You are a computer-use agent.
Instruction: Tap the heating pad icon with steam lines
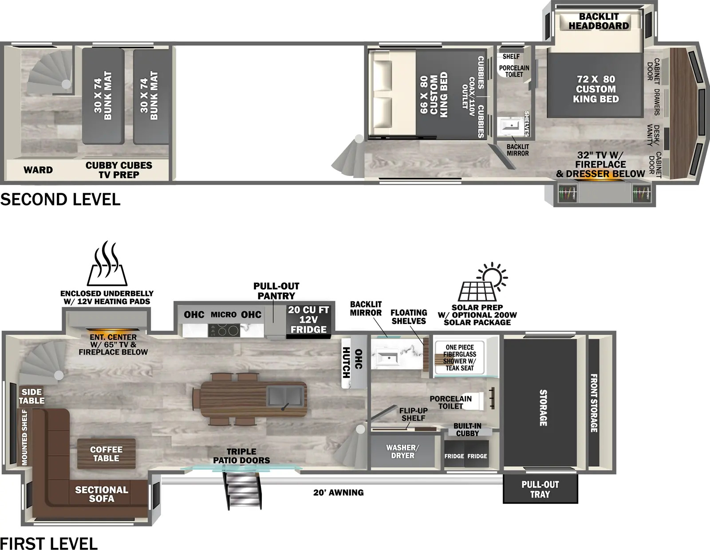(107, 264)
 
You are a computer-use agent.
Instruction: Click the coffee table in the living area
(106, 454)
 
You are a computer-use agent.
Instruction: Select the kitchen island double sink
(284, 395)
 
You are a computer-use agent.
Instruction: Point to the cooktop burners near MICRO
(224, 331)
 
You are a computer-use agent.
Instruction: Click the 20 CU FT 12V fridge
(308, 320)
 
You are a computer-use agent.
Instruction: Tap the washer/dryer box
(402, 452)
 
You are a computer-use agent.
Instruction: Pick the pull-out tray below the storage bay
(540, 489)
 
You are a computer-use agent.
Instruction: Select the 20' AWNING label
(339, 492)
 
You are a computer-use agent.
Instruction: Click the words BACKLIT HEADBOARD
(599, 21)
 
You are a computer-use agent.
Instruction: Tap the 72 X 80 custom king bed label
(596, 89)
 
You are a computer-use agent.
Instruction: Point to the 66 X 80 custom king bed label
(434, 94)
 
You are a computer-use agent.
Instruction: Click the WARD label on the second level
(38, 170)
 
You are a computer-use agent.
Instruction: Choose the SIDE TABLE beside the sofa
(32, 396)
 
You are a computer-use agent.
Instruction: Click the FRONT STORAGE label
(594, 403)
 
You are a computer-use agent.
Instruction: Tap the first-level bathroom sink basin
(387, 358)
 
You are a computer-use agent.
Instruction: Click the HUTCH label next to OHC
(346, 363)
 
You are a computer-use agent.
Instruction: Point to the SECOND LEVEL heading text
(60, 199)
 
